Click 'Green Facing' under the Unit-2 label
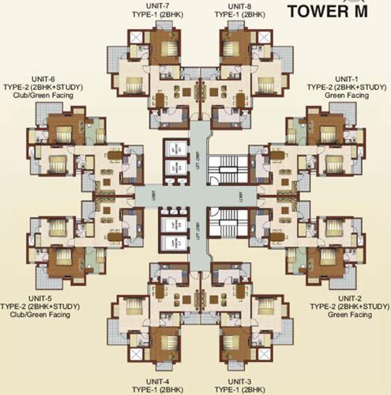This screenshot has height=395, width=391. pos(348,314)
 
